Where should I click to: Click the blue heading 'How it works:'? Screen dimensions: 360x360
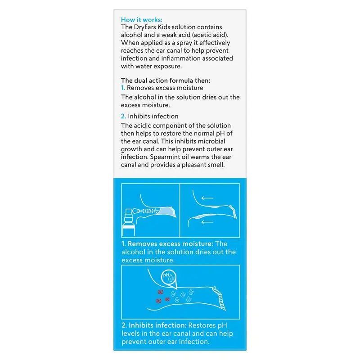pyautogui.click(x=142, y=20)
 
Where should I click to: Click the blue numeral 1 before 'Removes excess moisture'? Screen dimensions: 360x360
pyautogui.click(x=123, y=88)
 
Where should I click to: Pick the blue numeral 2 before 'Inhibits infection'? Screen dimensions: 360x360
pyautogui.click(x=123, y=116)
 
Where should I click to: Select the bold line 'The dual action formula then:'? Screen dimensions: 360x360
pyautogui.click(x=165, y=81)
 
